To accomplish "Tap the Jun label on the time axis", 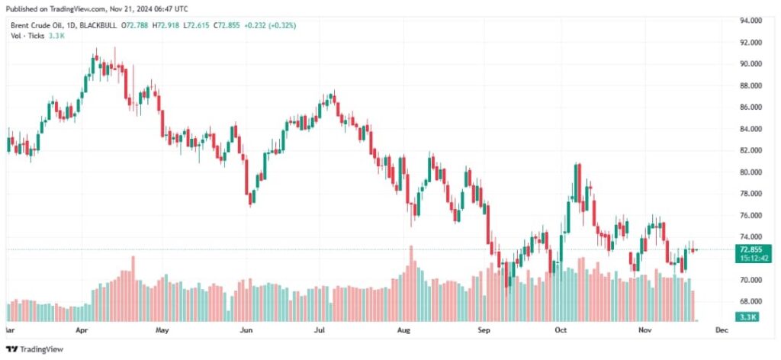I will pyautogui.click(x=246, y=331).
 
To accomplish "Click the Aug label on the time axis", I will pyautogui.click(x=405, y=331).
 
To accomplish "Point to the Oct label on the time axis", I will pyautogui.click(x=561, y=331).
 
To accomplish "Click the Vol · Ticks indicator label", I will pyautogui.click(x=27, y=35).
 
